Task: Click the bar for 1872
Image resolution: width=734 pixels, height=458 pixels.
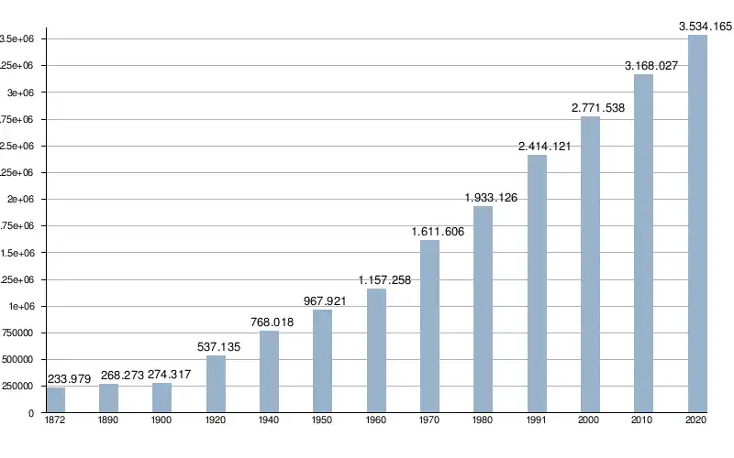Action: tap(56, 399)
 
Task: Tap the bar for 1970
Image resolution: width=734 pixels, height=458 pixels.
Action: tap(429, 325)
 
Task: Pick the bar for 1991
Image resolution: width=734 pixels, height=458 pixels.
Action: tap(537, 283)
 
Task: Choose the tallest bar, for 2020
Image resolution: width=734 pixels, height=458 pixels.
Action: tap(697, 224)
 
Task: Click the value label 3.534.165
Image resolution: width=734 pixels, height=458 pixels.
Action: tap(706, 27)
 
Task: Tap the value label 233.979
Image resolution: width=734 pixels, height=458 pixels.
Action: tap(68, 379)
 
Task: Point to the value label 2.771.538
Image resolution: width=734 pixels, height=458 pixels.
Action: tap(597, 108)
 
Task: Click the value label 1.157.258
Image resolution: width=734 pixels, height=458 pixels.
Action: tap(384, 280)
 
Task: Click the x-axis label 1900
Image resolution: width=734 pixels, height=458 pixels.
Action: tap(161, 420)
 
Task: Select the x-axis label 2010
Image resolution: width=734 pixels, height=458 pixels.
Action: tap(643, 420)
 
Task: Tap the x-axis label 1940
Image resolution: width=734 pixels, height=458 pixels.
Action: tap(269, 420)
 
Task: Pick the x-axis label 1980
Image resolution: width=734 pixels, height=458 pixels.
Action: tap(483, 420)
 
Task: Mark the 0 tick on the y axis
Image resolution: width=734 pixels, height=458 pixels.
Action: tap(30, 414)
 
